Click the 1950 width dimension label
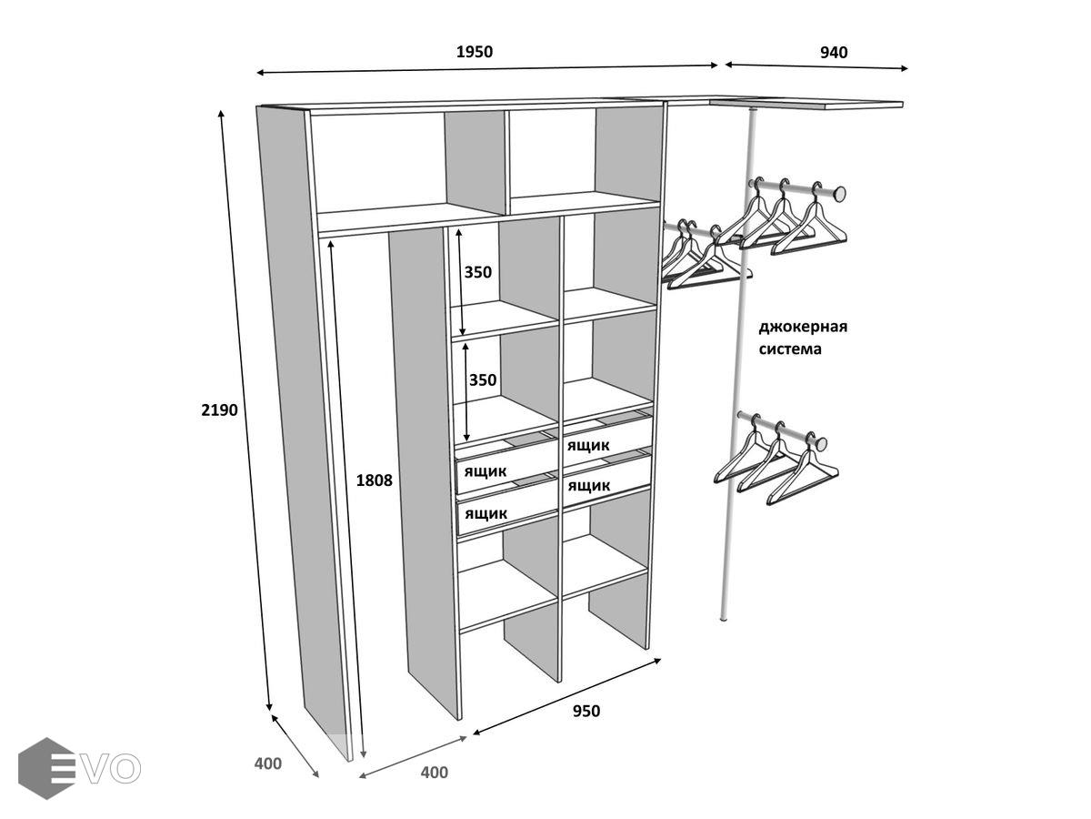[474, 52]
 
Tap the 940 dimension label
[834, 52]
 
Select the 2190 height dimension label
[219, 409]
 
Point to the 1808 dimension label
[375, 480]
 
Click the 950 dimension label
[586, 711]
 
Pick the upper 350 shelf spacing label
[478, 272]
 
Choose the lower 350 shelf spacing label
[483, 380]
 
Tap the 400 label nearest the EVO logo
[268, 763]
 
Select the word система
[791, 349]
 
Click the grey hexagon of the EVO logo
[45, 768]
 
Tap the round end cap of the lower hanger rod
[820, 444]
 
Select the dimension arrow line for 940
[816, 66]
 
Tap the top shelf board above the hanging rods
[806, 104]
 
